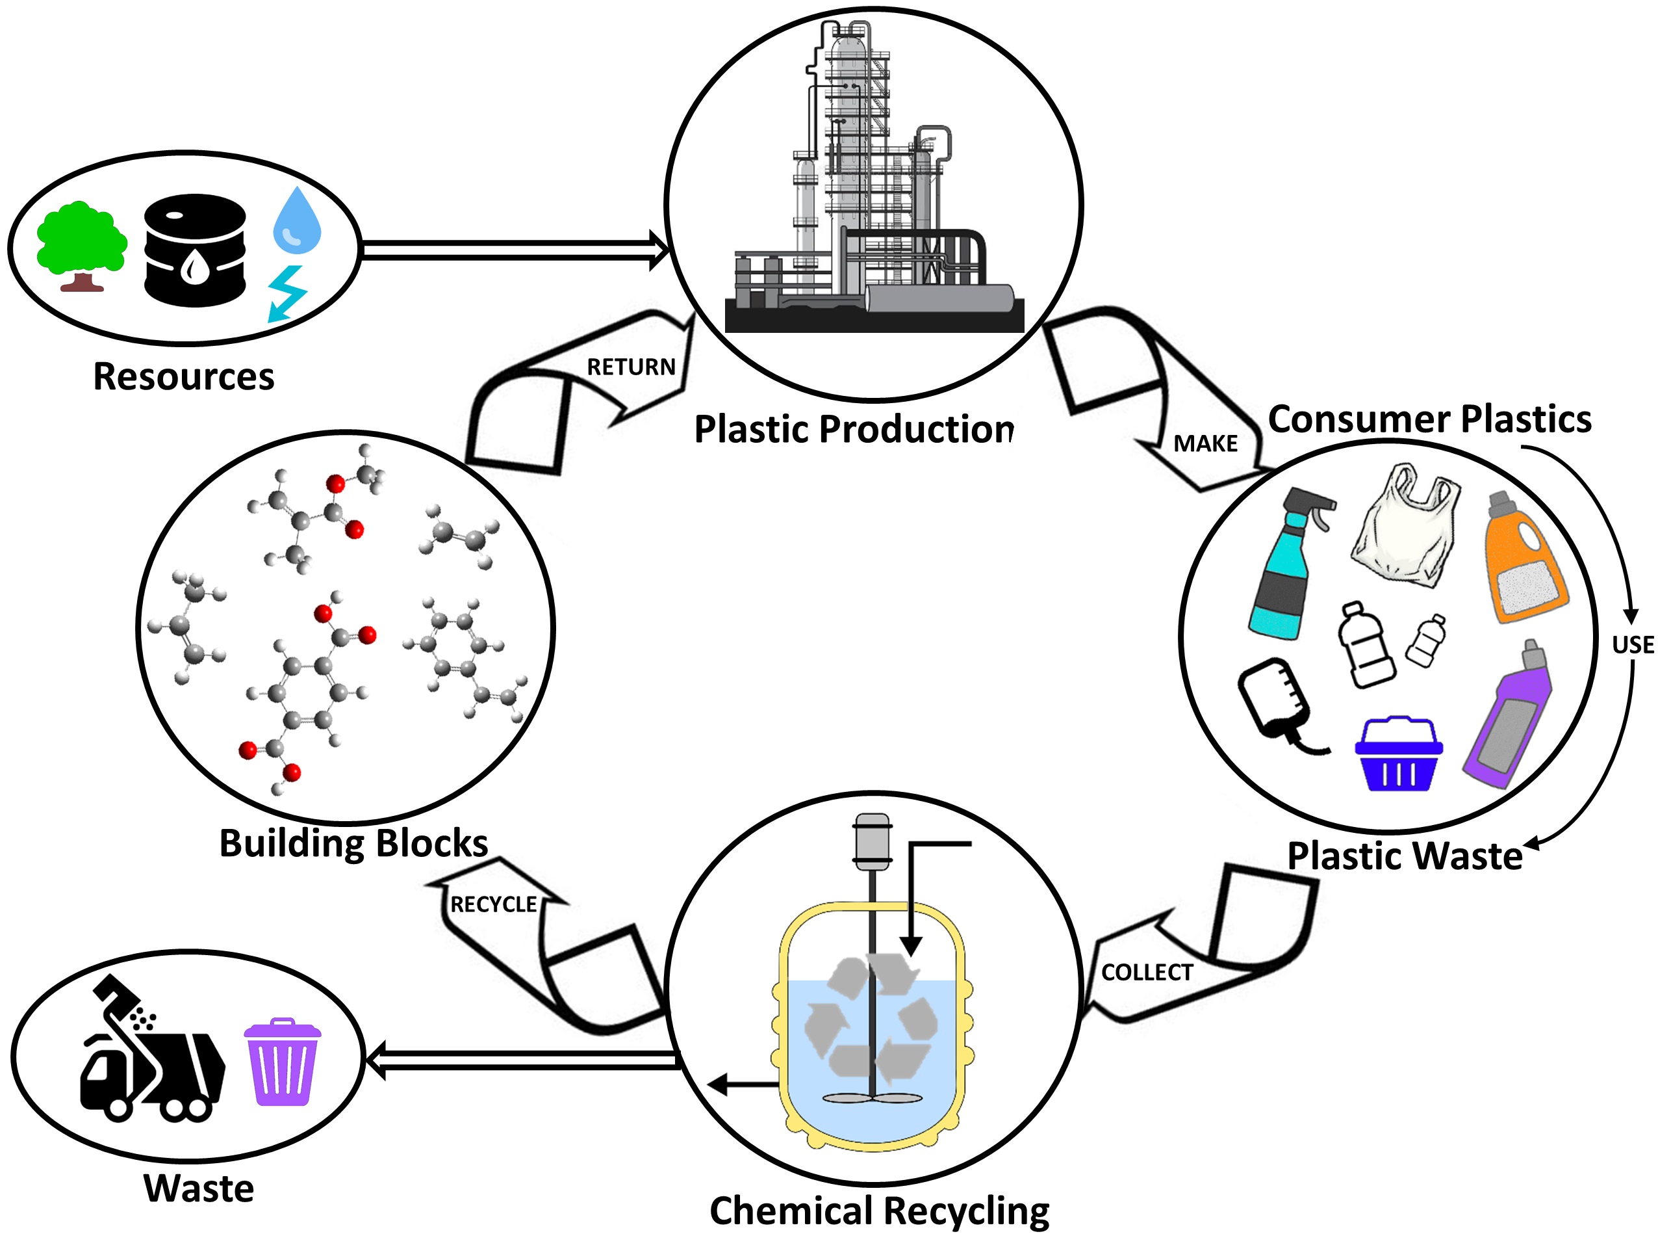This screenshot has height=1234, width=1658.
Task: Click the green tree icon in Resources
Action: [x=81, y=243]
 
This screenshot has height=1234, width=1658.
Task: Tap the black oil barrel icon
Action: [x=195, y=250]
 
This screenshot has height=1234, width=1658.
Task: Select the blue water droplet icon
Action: [x=297, y=220]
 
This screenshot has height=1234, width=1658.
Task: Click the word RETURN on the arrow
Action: [x=631, y=367]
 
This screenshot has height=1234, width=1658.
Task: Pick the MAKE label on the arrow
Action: [x=1205, y=443]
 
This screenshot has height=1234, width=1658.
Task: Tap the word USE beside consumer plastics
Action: [x=1633, y=645]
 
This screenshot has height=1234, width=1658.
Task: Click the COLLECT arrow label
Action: [x=1147, y=973]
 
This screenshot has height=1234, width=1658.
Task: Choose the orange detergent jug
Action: [x=1523, y=558]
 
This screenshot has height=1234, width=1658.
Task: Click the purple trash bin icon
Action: [x=282, y=1062]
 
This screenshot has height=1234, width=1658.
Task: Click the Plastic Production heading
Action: [x=853, y=430]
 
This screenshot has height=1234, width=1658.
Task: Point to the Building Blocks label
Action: [x=353, y=843]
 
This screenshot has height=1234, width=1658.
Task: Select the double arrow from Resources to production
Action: [x=515, y=250]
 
